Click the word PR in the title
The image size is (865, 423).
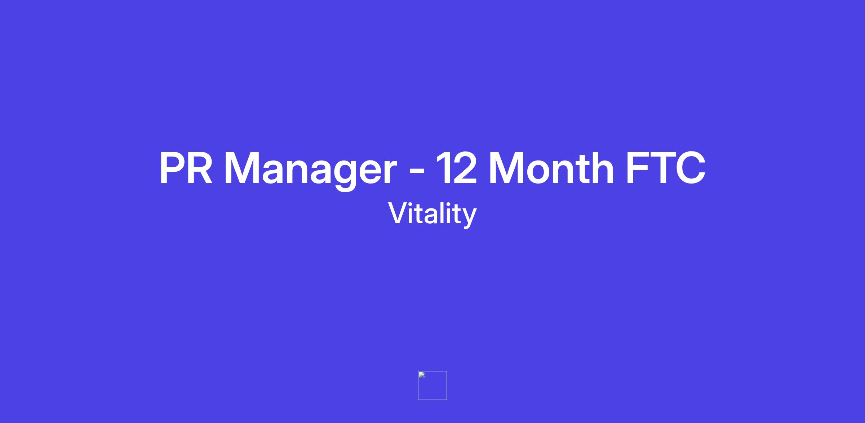[186, 168]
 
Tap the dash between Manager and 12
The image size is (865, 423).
[417, 172]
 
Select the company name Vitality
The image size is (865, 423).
[432, 215]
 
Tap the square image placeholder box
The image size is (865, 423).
[432, 385]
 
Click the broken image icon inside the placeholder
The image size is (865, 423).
[422, 375]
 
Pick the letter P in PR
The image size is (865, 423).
[173, 168]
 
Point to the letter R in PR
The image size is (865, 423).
[200, 168]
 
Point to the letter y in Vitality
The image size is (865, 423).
[469, 218]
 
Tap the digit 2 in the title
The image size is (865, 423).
[465, 168]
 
